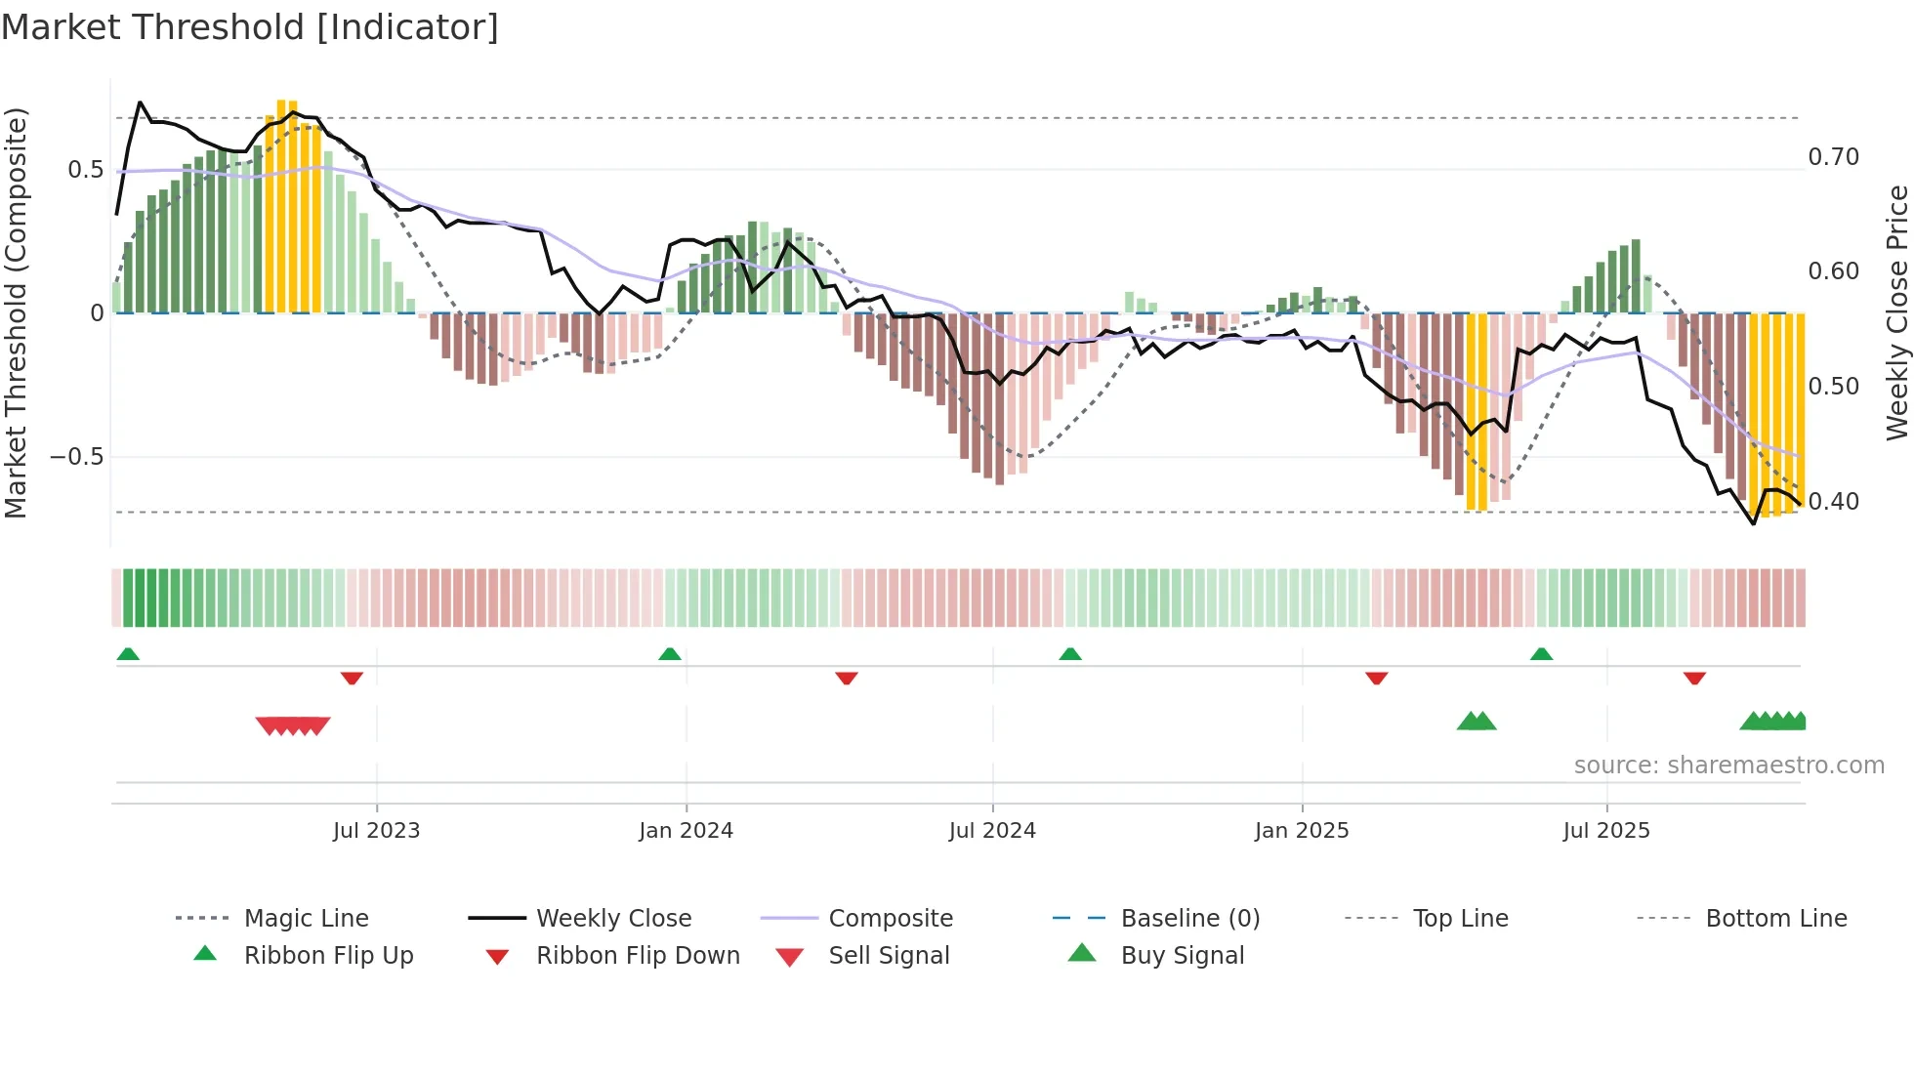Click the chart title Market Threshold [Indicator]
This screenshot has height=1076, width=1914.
click(250, 27)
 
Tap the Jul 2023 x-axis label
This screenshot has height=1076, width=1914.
click(376, 831)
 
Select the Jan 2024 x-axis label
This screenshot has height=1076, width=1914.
click(686, 831)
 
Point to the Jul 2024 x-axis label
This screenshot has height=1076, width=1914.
click(992, 831)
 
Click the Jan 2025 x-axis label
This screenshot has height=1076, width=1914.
click(1302, 831)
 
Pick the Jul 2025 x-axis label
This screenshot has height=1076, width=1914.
click(1606, 831)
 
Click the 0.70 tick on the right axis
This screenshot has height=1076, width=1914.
click(1833, 157)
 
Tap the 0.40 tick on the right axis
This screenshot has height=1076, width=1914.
click(1833, 502)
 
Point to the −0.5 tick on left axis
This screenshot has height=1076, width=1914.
click(76, 457)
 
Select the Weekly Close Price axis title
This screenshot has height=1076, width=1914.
click(1896, 312)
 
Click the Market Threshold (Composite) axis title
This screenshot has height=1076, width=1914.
click(16, 312)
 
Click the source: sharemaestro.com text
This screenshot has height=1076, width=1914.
click(1728, 766)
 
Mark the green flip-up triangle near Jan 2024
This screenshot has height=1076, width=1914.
click(670, 654)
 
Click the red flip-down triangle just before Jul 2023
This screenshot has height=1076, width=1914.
click(352, 678)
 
